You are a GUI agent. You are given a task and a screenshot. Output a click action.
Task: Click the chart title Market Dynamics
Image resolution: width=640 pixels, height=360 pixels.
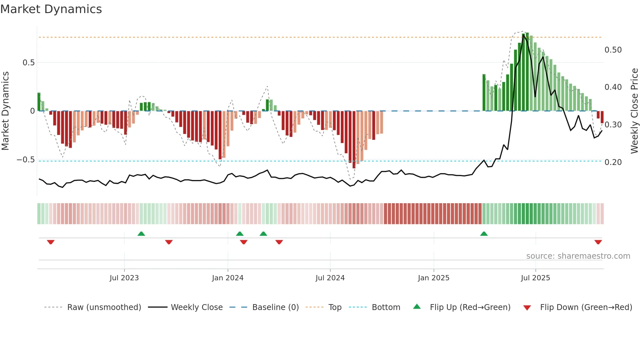(51, 9)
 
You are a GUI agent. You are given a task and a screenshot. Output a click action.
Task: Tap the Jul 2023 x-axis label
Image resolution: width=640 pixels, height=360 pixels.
(124, 278)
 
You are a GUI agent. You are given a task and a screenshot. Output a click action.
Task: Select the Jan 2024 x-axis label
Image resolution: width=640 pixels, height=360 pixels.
(228, 278)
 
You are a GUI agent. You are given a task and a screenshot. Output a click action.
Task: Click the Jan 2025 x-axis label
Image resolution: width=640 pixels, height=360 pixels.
(434, 278)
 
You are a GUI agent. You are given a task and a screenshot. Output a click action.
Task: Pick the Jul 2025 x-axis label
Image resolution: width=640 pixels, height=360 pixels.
(535, 278)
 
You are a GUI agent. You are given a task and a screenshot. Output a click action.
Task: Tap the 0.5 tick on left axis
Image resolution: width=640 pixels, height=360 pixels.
(28, 63)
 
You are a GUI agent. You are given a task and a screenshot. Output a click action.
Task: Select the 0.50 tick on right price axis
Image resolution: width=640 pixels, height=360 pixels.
(613, 50)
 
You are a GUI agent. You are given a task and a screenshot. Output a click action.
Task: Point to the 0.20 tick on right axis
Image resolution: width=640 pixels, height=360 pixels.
(613, 162)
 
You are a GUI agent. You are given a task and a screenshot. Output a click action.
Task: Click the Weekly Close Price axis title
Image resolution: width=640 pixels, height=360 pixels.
(634, 111)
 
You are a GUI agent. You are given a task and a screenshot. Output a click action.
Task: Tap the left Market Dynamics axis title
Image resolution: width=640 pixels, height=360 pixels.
(5, 111)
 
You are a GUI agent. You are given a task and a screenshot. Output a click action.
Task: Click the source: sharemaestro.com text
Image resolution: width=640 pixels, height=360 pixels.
(578, 256)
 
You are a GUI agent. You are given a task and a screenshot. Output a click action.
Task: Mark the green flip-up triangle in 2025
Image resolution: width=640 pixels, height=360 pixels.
(484, 234)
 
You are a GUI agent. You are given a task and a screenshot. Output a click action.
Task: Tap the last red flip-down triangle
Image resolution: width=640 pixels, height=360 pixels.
(598, 242)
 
